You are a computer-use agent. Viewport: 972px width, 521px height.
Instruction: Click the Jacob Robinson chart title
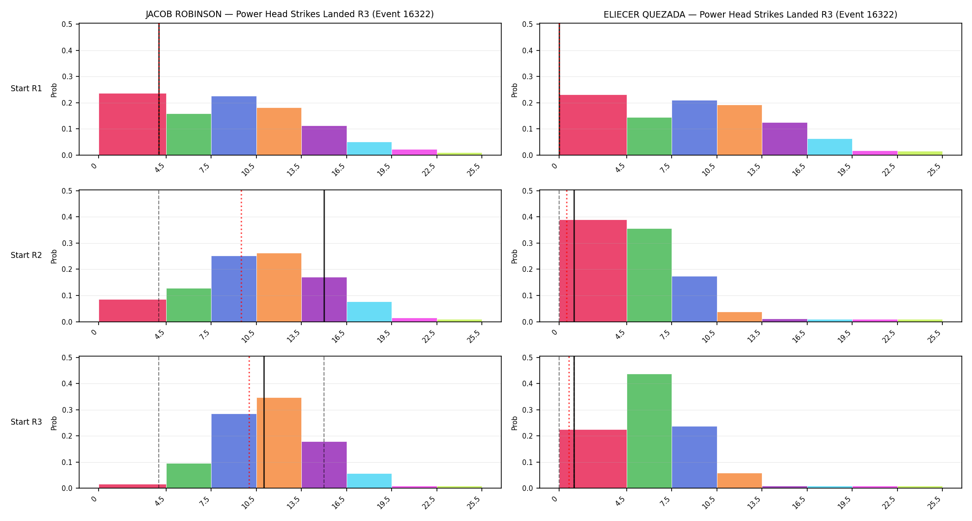click(x=290, y=14)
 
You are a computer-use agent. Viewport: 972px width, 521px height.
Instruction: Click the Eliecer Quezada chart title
click(x=750, y=14)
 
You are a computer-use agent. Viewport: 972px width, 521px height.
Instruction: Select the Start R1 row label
click(x=26, y=88)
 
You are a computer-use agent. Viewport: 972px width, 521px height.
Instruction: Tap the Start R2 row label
click(x=26, y=255)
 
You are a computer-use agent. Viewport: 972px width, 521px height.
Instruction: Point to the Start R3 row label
click(x=26, y=422)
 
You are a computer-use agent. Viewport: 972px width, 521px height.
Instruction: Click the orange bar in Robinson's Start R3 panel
click(x=279, y=443)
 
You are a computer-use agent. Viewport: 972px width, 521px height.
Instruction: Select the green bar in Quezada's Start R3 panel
click(x=649, y=431)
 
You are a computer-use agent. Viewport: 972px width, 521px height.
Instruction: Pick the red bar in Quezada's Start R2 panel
click(x=593, y=271)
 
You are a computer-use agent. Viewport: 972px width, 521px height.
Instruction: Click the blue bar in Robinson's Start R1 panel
click(x=234, y=126)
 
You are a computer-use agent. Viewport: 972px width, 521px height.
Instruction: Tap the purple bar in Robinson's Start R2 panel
click(x=324, y=299)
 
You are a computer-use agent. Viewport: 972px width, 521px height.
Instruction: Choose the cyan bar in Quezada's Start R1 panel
click(x=830, y=147)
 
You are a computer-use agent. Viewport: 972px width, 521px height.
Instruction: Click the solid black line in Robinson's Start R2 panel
click(x=324, y=256)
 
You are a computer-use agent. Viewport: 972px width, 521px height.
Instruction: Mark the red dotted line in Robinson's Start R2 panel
click(x=241, y=256)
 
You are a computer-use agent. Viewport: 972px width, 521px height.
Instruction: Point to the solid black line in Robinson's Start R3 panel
click(x=264, y=422)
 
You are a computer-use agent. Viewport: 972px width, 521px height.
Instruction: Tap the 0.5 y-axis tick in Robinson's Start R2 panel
click(x=67, y=191)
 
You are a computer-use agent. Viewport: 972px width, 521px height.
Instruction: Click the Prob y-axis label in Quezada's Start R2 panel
click(x=515, y=256)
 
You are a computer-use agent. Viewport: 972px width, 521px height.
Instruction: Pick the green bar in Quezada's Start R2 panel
click(x=649, y=275)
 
